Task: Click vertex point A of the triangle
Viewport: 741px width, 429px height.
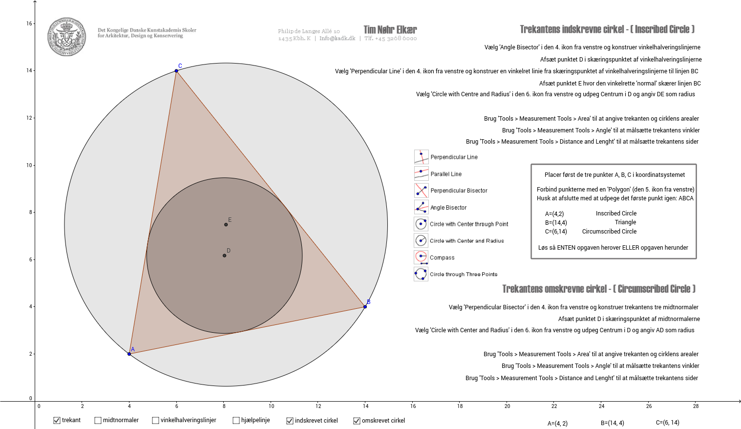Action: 129,354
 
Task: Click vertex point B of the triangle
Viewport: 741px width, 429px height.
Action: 365,307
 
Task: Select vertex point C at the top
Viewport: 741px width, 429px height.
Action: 176,71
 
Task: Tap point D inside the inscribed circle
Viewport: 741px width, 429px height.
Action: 224,256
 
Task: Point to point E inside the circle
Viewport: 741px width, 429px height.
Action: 226,224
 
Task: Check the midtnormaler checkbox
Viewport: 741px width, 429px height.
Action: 98,420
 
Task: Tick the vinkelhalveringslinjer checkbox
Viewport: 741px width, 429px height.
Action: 155,420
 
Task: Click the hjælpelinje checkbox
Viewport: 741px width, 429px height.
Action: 236,420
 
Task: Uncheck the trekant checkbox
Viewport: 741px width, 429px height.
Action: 57,420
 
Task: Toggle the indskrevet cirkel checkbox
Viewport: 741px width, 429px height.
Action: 290,421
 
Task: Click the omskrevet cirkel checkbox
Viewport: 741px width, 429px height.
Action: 357,421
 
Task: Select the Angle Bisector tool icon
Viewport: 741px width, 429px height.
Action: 421,207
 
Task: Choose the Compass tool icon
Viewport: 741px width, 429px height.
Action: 421,257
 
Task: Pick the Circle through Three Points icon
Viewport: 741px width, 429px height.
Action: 421,274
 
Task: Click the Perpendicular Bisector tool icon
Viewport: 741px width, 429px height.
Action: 421,191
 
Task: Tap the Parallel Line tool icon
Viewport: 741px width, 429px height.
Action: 421,173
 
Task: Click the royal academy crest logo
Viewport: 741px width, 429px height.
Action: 66,37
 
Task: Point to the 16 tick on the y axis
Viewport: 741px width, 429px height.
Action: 29,23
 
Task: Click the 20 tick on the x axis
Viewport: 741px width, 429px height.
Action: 507,406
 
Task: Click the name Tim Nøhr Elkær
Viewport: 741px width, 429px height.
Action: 390,30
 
